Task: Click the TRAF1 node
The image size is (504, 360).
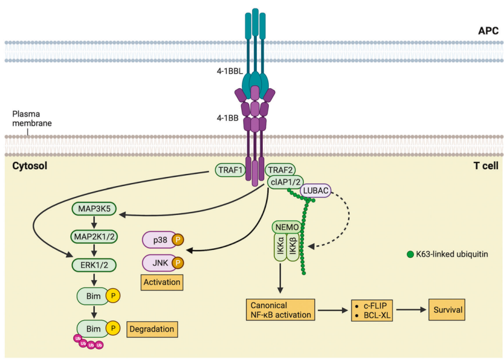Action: tap(230, 170)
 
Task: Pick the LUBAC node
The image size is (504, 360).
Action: tap(316, 190)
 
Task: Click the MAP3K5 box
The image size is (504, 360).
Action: tap(95, 209)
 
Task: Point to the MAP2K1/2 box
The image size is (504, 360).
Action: tap(95, 237)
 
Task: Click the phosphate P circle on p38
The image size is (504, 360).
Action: tap(178, 240)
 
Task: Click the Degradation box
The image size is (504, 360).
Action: tap(152, 329)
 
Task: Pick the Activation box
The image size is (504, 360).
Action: tap(161, 282)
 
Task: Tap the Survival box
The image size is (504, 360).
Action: tap(448, 310)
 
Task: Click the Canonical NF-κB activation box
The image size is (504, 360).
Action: tap(280, 310)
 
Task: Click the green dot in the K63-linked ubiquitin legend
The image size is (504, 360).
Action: tap(410, 255)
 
